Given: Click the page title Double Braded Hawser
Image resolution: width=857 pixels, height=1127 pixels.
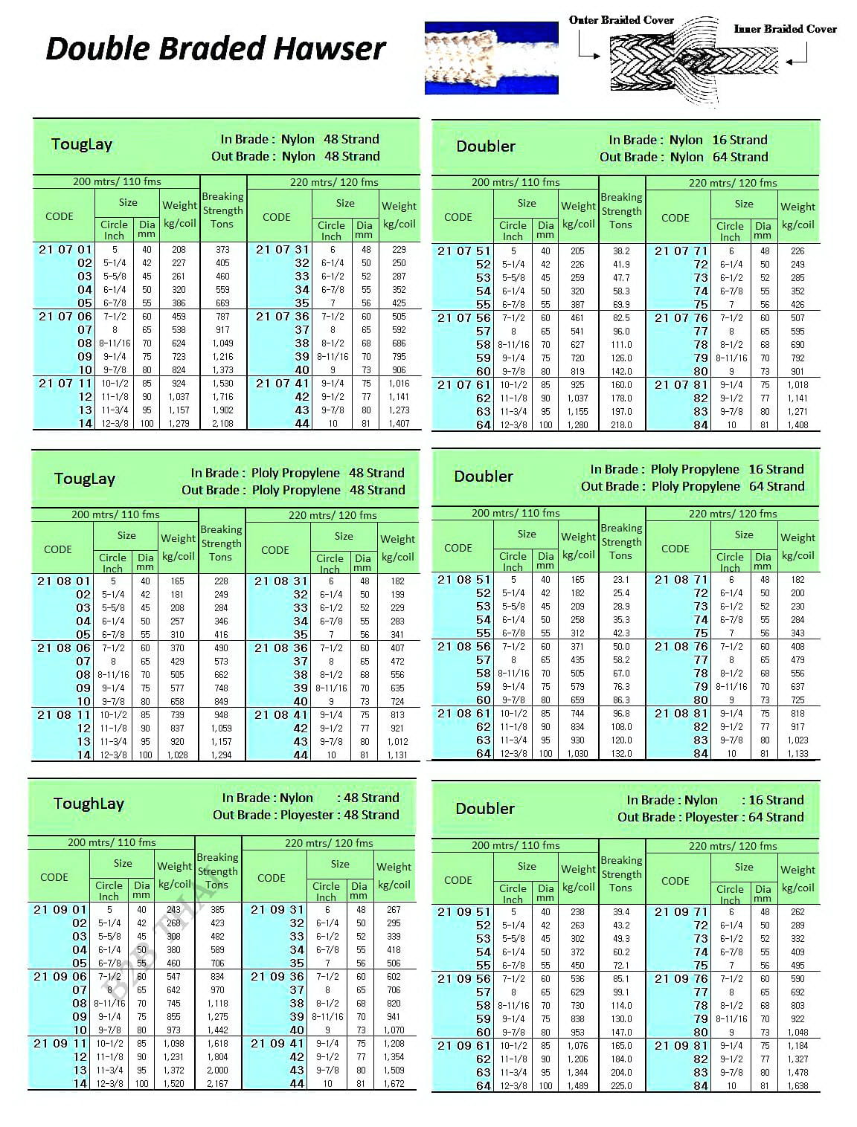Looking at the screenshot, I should click(x=215, y=49).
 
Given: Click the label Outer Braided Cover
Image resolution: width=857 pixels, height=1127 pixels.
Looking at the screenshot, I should click(x=621, y=20).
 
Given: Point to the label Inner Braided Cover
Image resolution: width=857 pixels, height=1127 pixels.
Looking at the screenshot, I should click(x=785, y=29).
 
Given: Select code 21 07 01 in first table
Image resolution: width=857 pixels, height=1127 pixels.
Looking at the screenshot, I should click(x=65, y=250).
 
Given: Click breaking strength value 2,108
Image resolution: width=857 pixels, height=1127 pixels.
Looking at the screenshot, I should click(x=222, y=424).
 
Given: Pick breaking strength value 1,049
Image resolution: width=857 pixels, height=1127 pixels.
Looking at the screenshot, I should click(x=222, y=343).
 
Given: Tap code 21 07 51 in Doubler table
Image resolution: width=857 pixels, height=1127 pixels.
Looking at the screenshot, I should click(x=464, y=251).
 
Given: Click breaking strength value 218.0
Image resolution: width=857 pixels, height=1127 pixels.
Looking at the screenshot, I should click(x=621, y=425).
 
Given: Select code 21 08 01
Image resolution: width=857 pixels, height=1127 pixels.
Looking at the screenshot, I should click(x=64, y=581).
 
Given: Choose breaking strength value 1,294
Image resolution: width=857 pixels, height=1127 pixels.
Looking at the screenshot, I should click(x=221, y=755).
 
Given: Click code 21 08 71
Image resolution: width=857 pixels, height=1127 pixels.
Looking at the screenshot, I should click(x=681, y=580).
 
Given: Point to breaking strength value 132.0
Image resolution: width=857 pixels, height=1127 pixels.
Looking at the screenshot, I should click(x=621, y=754).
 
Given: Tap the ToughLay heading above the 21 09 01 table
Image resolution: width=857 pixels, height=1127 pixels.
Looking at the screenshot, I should click(x=89, y=804).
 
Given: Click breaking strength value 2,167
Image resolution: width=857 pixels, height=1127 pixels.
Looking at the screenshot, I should click(x=217, y=1084).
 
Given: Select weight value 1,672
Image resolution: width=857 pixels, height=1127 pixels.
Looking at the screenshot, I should click(x=394, y=1084).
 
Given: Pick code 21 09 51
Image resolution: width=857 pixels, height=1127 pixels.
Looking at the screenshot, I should click(x=464, y=912).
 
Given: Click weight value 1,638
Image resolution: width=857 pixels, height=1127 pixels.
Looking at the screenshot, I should click(x=797, y=1086).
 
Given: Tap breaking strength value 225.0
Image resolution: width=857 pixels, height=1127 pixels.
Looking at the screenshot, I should click(x=621, y=1086).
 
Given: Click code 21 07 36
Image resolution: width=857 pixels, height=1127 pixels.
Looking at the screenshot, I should click(x=282, y=317).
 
